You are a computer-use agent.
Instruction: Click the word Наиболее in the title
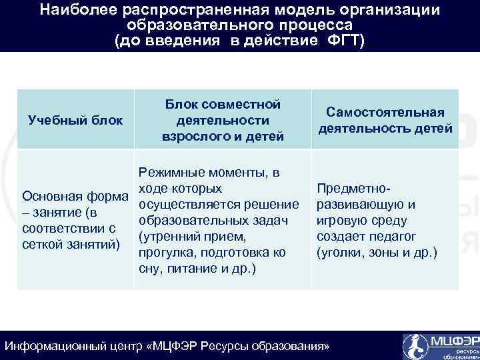click(x=69, y=11)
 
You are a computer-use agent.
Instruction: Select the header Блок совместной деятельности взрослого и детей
click(x=223, y=120)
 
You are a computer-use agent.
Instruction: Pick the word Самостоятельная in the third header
click(x=385, y=113)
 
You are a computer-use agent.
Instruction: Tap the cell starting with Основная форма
click(x=75, y=221)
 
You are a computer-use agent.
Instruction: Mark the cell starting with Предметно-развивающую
click(x=377, y=221)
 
